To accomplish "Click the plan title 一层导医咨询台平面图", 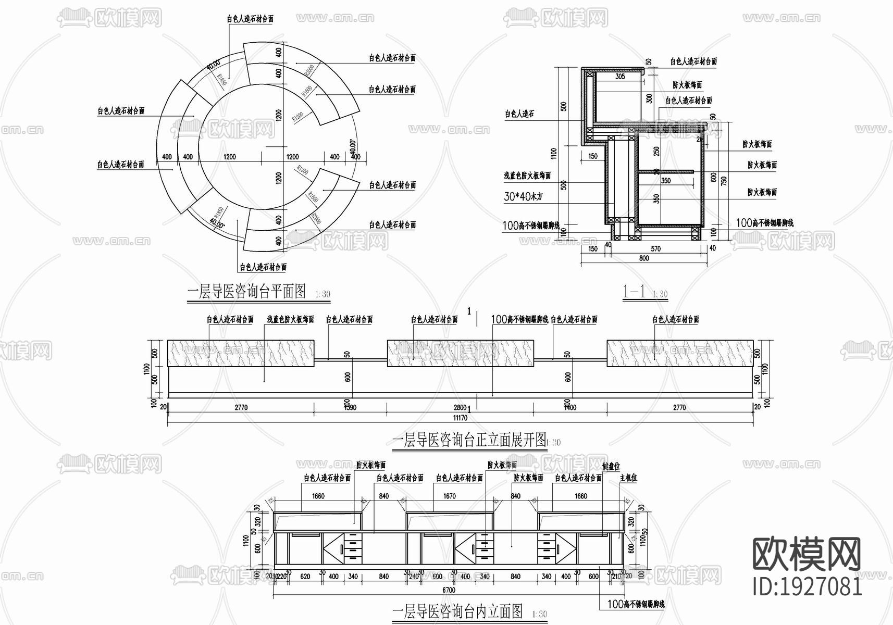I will click(x=246, y=291).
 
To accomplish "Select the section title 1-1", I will click(x=634, y=292).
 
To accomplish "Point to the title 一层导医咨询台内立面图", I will click(x=456, y=611).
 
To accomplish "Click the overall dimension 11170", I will click(x=460, y=418).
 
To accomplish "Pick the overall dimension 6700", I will click(x=449, y=590).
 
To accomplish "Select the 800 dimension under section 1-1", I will click(x=644, y=258).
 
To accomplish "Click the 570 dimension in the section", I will click(x=655, y=249).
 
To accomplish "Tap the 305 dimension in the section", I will click(x=620, y=77).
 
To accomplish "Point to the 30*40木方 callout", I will click(x=524, y=197).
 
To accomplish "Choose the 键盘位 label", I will click(x=611, y=467).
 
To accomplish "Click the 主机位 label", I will click(x=628, y=478).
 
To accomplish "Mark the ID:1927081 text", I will click(x=808, y=586).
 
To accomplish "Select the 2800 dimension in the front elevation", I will click(x=460, y=407).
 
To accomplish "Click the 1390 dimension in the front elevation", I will click(x=351, y=407).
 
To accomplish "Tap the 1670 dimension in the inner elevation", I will click(x=450, y=496).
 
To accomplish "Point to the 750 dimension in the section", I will click(x=723, y=180).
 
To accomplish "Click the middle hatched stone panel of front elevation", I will click(x=461, y=354).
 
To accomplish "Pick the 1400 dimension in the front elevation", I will click(x=570, y=407).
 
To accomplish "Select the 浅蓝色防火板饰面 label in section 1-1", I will click(x=527, y=176).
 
